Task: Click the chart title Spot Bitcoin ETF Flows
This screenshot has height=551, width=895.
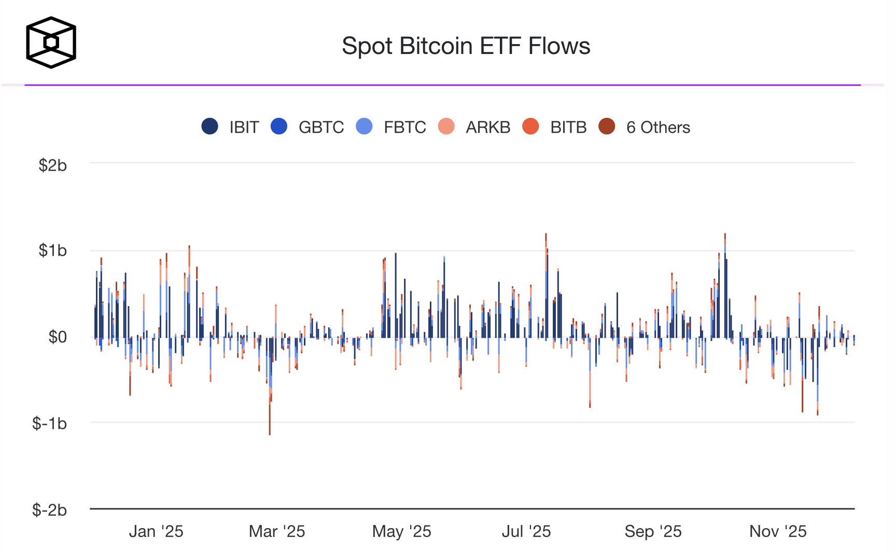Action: click(466, 46)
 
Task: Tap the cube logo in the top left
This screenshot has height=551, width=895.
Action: click(51, 43)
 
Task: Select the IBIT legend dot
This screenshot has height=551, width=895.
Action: click(209, 127)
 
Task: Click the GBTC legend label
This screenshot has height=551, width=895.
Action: click(321, 127)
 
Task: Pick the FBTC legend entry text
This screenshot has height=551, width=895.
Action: click(404, 127)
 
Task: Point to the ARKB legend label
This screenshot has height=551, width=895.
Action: click(487, 127)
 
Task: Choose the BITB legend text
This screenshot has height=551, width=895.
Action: click(568, 127)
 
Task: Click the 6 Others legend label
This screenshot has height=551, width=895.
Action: click(658, 127)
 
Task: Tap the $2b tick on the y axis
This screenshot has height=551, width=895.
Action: click(52, 165)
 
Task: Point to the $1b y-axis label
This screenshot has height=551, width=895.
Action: click(52, 251)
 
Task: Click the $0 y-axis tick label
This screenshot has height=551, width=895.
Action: click(57, 337)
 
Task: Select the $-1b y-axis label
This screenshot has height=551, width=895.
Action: click(49, 423)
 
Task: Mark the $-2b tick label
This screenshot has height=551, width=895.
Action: click(49, 510)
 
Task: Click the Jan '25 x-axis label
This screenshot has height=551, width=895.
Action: click(156, 531)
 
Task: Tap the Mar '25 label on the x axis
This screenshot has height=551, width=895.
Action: click(277, 531)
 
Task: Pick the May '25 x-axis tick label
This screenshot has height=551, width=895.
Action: click(401, 531)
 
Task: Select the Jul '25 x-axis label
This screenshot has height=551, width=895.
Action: click(526, 531)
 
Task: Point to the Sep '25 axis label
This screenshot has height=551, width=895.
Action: click(653, 531)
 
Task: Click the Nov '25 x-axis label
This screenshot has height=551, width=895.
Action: click(778, 531)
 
